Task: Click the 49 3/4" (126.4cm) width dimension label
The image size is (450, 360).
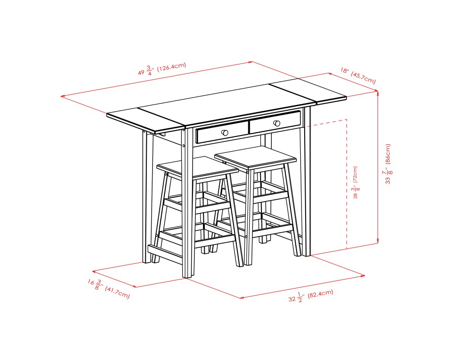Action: pyautogui.click(x=162, y=69)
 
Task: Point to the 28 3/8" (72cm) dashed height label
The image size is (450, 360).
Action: pyautogui.click(x=355, y=182)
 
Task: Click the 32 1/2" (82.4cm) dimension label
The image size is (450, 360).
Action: pyautogui.click(x=310, y=296)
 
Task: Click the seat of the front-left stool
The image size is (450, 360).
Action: pyautogui.click(x=197, y=166)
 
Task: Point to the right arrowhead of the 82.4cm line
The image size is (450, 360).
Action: pyautogui.click(x=363, y=275)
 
